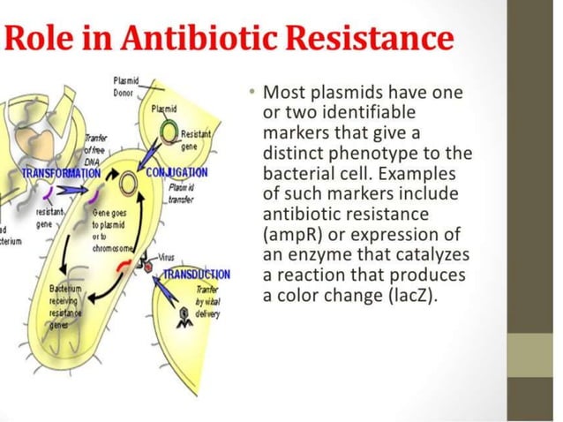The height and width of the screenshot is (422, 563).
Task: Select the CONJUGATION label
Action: coord(176,171)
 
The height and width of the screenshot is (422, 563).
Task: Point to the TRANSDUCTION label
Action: coord(196,274)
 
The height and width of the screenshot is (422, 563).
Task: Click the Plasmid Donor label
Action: coord(125,87)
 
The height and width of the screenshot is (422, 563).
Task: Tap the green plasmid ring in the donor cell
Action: coord(169,132)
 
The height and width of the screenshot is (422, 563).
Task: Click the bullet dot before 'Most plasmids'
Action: coord(251,91)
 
